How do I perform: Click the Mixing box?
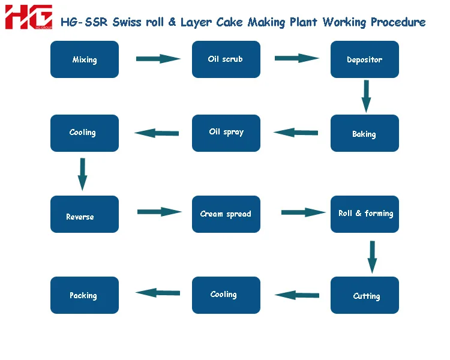click(x=85, y=59)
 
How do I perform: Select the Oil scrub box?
click(x=226, y=59)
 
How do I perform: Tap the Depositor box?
click(x=365, y=59)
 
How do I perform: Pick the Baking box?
click(x=365, y=133)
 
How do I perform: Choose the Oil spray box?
click(x=226, y=133)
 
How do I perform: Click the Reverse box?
click(x=85, y=214)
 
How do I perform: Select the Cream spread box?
click(x=226, y=214)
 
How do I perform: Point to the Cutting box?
click(x=365, y=295)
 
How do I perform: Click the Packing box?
click(x=85, y=295)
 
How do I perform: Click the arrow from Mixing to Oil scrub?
click(x=158, y=59)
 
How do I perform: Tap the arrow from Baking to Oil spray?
click(x=296, y=133)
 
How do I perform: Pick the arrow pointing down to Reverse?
click(x=83, y=174)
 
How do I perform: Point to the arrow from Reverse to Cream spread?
click(x=159, y=212)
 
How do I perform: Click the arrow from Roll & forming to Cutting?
click(x=372, y=257)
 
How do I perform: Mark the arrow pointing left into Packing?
click(x=158, y=293)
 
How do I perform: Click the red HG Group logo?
click(x=29, y=17)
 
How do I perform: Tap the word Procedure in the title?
click(x=398, y=22)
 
